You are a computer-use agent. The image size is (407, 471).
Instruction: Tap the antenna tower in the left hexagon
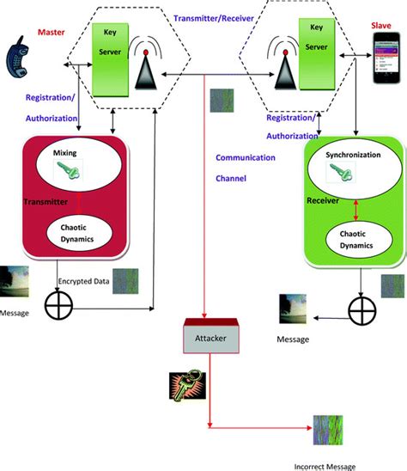pos(146,64)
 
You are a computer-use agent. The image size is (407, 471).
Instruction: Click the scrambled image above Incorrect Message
pos(330,427)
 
